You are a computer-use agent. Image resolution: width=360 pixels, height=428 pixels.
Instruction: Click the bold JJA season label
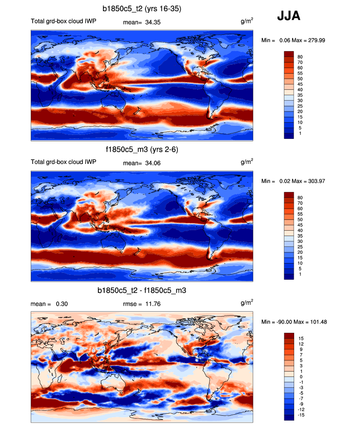tap(289, 17)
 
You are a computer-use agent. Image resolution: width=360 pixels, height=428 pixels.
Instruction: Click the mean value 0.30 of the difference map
tap(62, 304)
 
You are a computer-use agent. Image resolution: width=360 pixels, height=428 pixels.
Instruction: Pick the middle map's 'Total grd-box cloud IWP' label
tap(62, 162)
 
